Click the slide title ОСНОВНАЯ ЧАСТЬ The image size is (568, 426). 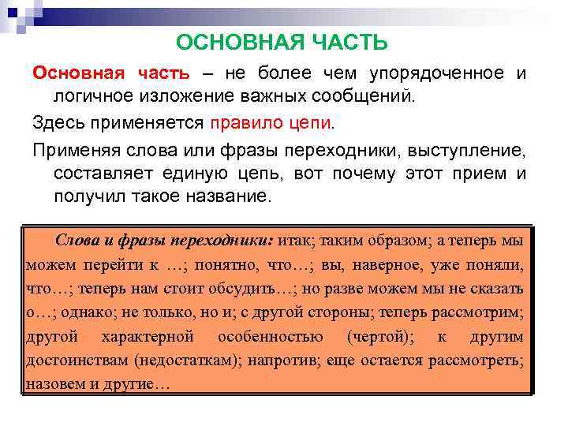pyautogui.click(x=282, y=42)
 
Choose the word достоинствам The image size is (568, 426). pyautogui.click(x=77, y=361)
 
